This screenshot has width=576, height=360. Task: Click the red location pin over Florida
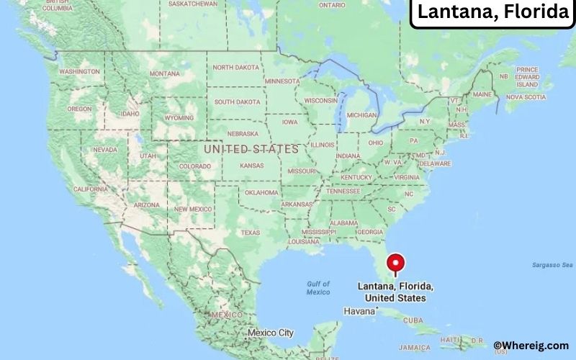coord(395,264)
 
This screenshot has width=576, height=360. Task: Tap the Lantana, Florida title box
coord(492,12)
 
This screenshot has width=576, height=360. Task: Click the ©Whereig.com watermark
coord(531,346)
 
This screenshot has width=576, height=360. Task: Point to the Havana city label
coord(360,311)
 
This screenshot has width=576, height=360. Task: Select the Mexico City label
coord(270,333)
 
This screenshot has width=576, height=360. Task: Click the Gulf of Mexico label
coord(318,288)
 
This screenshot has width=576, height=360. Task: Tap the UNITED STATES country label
coord(251,149)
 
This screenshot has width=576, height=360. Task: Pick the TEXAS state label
coord(250,233)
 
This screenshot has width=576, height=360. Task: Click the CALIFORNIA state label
coord(91,189)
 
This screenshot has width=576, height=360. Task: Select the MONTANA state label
coord(165,73)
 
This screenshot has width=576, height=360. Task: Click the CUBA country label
coord(413,320)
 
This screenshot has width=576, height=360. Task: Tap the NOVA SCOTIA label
coord(525,96)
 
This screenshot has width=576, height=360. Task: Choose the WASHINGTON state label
coord(79,72)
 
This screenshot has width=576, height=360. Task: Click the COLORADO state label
coord(194,166)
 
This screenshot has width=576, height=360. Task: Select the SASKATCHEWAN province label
coord(193,4)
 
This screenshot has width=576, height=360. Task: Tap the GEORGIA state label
coord(370,232)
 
